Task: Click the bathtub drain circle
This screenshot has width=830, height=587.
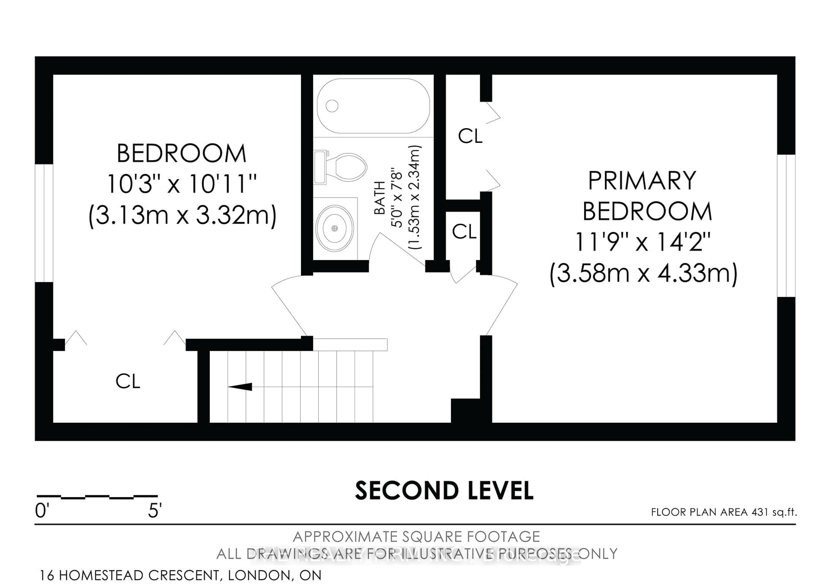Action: click(332, 106)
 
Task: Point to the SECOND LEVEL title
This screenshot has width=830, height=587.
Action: click(444, 491)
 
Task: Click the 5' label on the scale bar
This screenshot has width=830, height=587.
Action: click(155, 511)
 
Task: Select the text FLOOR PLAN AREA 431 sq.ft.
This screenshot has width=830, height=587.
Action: click(724, 512)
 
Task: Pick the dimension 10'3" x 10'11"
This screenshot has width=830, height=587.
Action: click(182, 184)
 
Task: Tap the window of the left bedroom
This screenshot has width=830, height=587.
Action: click(44, 223)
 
